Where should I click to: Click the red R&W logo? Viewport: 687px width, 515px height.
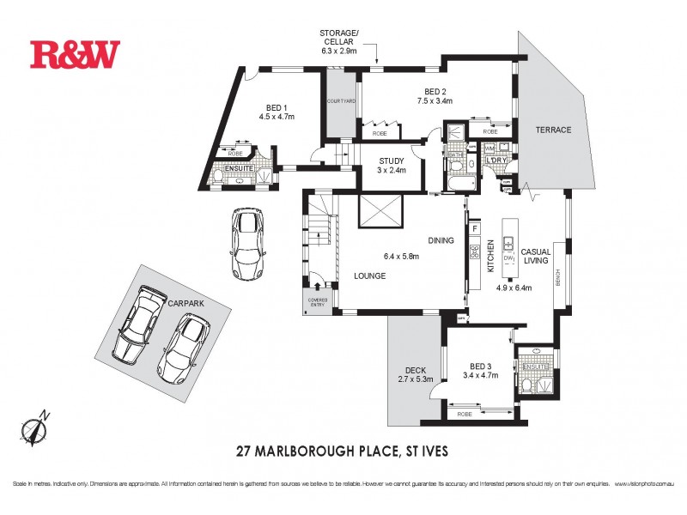tap(76, 54)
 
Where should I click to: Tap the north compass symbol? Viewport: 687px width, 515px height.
tap(35, 427)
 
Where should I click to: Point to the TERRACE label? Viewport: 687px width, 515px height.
tap(553, 130)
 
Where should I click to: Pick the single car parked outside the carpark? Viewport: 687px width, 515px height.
tap(246, 244)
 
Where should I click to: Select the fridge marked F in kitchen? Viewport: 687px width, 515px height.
tap(473, 229)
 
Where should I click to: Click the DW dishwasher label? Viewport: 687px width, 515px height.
tap(508, 257)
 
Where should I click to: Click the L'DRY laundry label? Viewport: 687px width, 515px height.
tap(495, 161)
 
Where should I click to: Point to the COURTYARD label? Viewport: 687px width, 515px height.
tap(341, 102)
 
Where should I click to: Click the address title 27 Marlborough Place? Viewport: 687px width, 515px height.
tap(342, 451)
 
